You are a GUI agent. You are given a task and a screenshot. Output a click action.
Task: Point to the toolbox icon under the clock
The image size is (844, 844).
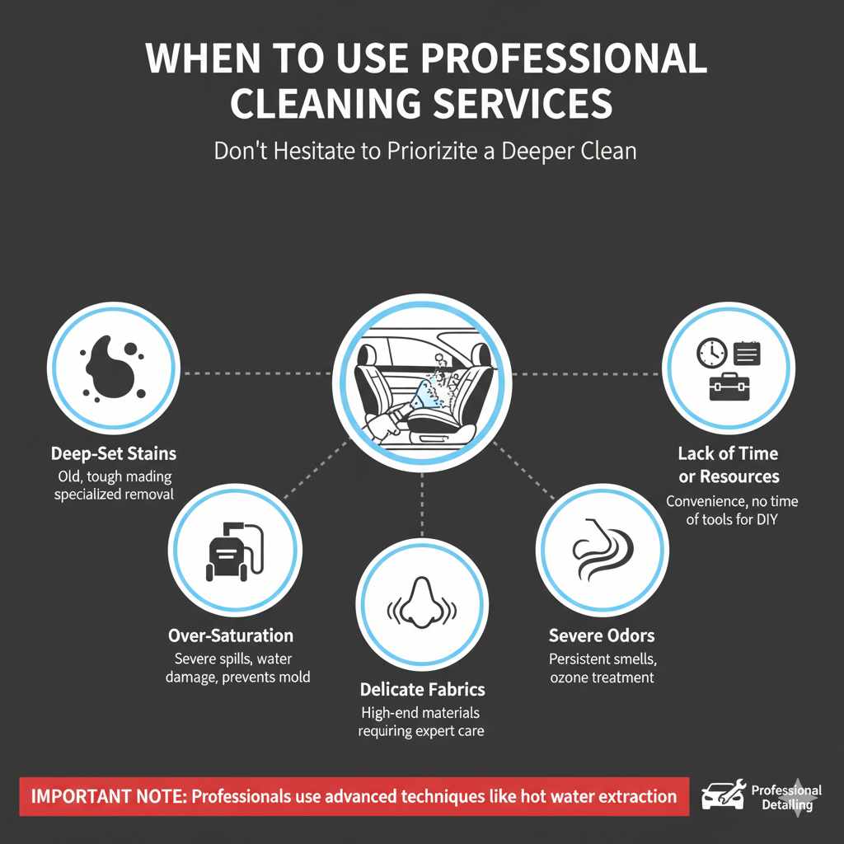(x=729, y=387)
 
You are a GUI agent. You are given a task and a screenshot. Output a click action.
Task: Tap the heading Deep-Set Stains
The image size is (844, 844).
(x=114, y=453)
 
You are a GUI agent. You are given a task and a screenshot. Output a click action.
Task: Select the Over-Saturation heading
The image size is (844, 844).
(x=231, y=635)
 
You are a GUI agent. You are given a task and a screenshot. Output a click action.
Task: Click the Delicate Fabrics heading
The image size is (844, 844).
(x=422, y=689)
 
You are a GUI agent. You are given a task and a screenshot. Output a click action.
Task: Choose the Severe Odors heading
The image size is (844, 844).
(x=602, y=635)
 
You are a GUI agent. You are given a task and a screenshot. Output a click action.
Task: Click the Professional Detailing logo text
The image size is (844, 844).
(x=785, y=797)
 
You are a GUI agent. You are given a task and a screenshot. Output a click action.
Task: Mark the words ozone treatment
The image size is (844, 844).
(x=602, y=678)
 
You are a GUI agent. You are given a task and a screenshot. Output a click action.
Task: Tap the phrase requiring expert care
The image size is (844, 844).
(x=420, y=730)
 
